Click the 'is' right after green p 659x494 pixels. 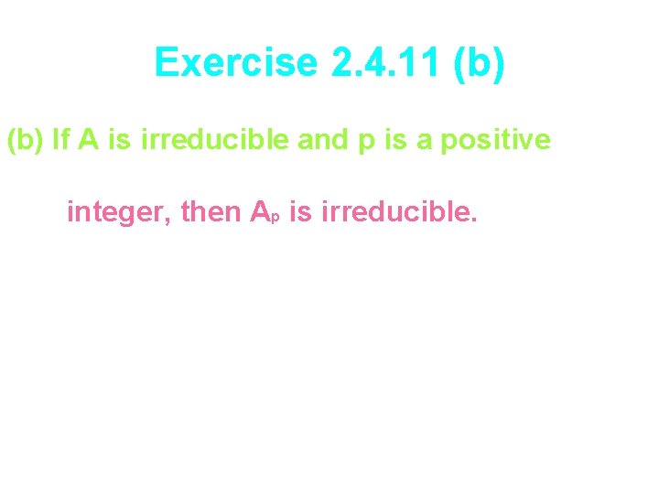click(x=384, y=141)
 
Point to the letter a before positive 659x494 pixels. click(x=416, y=143)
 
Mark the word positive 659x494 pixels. click(x=495, y=141)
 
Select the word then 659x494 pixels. click(x=211, y=213)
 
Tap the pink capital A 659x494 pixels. click(x=260, y=213)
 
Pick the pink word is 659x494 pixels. click(x=300, y=213)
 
